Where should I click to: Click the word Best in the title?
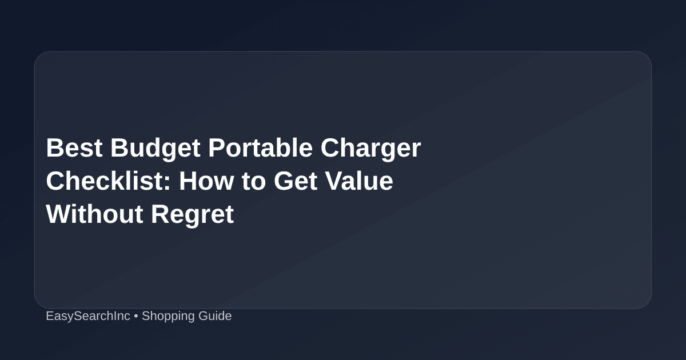point(74,148)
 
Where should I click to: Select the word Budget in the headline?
point(155,149)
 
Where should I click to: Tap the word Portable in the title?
point(260,147)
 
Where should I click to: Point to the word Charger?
point(370,149)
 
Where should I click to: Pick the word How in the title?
point(206,181)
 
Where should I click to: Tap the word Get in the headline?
point(296,181)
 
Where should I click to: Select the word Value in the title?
point(359,181)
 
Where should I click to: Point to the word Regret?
point(193,216)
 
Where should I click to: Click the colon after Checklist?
point(167,183)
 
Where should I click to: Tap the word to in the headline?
point(254,182)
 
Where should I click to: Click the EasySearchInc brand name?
point(88,316)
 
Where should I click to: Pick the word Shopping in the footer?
point(168,317)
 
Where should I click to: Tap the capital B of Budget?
point(119,148)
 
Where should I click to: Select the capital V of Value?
point(335,181)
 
